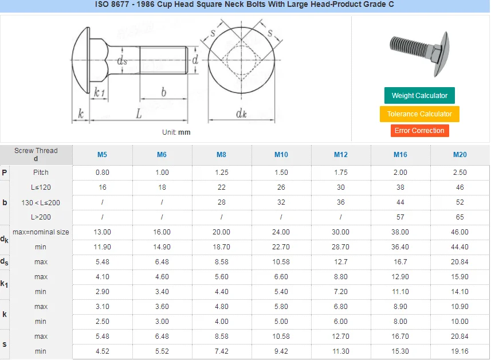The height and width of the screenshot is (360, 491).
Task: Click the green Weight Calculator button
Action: click(x=419, y=96)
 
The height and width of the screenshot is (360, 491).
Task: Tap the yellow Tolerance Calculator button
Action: click(x=419, y=114)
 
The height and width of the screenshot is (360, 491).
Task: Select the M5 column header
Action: click(x=102, y=155)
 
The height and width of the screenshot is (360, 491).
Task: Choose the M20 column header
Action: click(x=459, y=155)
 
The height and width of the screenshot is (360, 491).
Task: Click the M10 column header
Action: click(x=281, y=155)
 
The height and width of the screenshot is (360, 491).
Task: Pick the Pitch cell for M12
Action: click(x=341, y=173)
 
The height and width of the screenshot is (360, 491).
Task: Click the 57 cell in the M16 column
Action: click(x=400, y=217)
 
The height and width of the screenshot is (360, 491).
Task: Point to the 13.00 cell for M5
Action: click(x=102, y=232)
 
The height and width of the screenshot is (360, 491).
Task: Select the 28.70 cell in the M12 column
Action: click(x=341, y=247)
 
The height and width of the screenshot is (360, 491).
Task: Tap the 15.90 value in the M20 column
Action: click(x=459, y=277)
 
